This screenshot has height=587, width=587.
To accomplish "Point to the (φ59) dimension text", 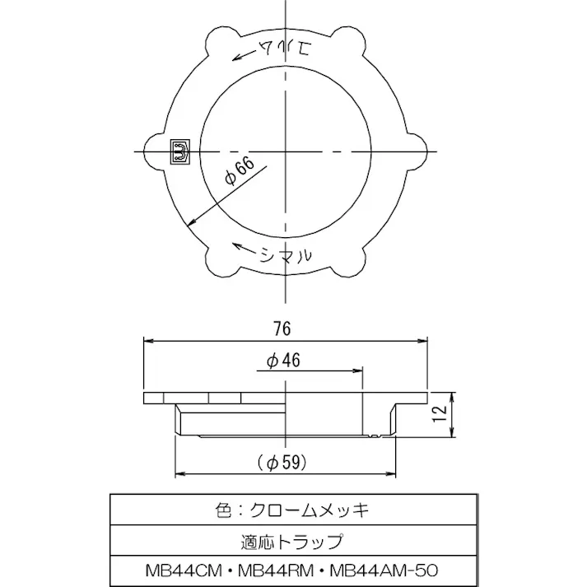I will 282,463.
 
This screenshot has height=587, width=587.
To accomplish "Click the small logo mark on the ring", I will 179,151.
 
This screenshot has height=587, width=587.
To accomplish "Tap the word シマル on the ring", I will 285,255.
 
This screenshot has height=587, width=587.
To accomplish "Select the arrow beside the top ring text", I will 245,54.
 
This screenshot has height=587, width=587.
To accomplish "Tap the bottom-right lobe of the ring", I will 351,260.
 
